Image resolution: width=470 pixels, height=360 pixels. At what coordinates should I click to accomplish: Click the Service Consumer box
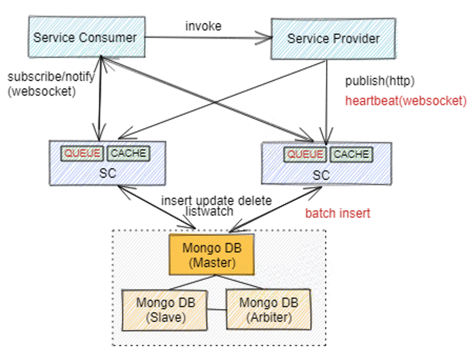(85, 37)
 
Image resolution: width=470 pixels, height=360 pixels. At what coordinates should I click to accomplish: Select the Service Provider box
(333, 39)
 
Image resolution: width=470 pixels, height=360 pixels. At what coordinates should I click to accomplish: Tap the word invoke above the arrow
(203, 26)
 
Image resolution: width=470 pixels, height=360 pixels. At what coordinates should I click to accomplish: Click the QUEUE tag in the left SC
(82, 153)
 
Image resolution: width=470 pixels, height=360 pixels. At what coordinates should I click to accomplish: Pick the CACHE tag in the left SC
(128, 153)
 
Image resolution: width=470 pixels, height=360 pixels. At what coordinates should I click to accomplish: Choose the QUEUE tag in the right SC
(305, 154)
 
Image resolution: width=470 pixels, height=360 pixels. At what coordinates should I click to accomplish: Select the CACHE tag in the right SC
(351, 154)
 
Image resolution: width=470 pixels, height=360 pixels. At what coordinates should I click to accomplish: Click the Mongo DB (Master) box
(211, 255)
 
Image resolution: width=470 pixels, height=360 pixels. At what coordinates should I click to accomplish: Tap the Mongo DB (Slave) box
(162, 309)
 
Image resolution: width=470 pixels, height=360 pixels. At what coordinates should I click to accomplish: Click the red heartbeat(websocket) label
(405, 101)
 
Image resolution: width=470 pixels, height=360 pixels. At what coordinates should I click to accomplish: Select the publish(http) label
(380, 81)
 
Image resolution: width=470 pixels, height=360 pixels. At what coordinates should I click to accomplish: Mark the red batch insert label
(338, 213)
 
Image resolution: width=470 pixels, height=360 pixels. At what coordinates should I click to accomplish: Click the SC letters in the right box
(321, 175)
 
